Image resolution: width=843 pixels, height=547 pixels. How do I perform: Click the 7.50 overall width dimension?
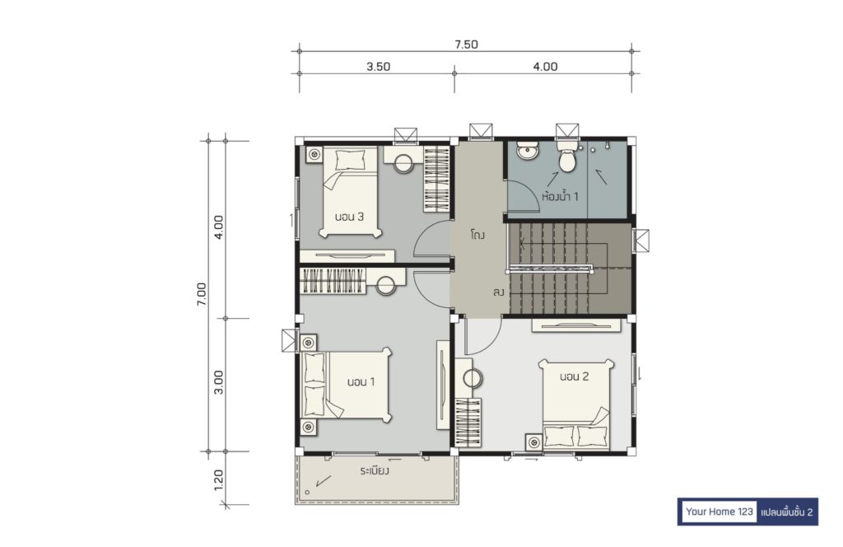coord(466,44)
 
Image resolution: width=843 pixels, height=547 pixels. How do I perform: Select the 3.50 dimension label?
coord(379,67)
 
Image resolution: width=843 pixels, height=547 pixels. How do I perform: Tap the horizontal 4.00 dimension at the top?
coord(545,67)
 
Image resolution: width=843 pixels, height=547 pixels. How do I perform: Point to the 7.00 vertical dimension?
coord(202,294)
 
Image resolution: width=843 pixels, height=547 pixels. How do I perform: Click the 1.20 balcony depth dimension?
coord(218,479)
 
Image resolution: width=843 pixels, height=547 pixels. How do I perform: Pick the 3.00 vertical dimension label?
coord(218,382)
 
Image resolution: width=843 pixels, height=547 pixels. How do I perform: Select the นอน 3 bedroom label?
coord(349,217)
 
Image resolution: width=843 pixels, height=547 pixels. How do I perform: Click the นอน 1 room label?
coord(361,382)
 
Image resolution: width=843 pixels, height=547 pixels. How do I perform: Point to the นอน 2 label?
coord(574,376)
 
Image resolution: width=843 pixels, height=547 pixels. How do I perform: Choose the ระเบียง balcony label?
coord(375,471)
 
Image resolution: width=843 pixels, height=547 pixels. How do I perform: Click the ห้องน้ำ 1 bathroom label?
coord(560,196)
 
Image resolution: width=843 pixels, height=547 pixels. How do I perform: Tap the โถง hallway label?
coord(477,235)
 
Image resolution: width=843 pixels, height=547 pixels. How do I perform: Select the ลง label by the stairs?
coord(498,292)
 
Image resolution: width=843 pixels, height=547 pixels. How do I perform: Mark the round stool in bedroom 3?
coord(403,163)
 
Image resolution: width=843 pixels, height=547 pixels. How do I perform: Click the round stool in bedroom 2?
coord(473,379)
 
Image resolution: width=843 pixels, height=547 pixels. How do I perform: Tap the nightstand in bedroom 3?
coord(314,154)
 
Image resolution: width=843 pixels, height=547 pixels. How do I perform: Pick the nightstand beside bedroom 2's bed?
coord(533,442)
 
